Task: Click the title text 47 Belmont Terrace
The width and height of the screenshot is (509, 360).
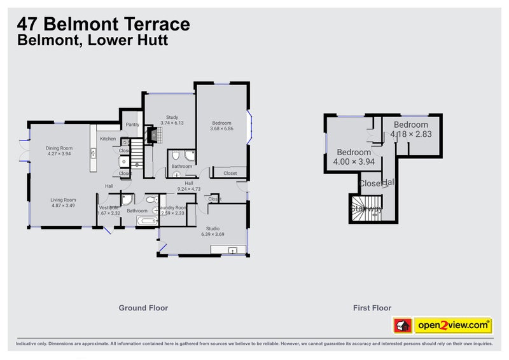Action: click(103, 25)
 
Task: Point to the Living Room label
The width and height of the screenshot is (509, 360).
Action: click(63, 200)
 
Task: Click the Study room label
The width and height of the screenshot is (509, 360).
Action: click(172, 117)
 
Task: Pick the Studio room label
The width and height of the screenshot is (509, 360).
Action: click(213, 228)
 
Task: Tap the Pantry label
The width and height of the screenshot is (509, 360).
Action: click(132, 125)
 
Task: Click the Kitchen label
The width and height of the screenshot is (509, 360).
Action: click(108, 139)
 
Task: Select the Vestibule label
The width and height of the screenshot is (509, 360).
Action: click(109, 207)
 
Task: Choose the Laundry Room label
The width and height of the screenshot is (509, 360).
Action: click(173, 207)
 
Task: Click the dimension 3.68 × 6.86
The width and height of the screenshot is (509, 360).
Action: click(221, 128)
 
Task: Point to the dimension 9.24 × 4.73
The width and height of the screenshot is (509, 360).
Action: click(189, 189)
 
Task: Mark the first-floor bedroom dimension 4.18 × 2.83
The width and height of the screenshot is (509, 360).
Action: click(412, 134)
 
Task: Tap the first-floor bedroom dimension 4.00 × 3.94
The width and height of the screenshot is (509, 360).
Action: click(354, 162)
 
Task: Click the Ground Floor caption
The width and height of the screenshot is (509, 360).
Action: click(143, 308)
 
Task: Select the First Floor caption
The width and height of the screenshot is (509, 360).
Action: click(372, 308)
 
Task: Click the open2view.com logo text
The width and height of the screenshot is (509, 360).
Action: click(453, 326)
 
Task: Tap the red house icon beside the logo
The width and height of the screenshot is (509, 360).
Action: click(401, 326)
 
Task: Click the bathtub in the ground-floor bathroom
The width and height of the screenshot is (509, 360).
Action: click(146, 221)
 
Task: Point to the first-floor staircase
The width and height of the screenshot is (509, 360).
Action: click(365, 208)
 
